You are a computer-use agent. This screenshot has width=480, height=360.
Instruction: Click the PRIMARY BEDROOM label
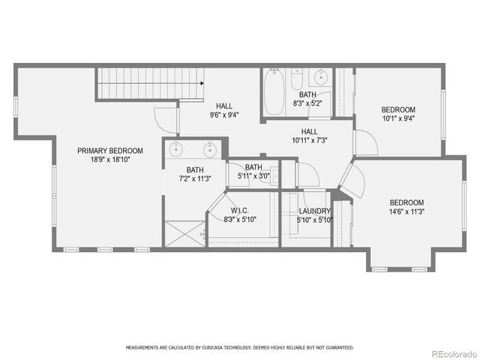[x=110, y=151]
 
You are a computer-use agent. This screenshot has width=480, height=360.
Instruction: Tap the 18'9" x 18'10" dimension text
[x=110, y=160]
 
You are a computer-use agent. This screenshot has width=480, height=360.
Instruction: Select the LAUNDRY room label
[x=314, y=211]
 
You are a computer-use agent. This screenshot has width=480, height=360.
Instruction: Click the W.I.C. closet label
[x=239, y=211]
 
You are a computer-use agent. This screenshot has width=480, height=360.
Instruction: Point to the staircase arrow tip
[x=204, y=84]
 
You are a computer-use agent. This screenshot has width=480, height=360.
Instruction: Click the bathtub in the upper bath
[x=273, y=92]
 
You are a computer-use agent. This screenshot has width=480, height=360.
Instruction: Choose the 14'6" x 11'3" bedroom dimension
[x=406, y=211]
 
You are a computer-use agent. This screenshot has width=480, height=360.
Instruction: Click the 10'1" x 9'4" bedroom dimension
[x=398, y=118]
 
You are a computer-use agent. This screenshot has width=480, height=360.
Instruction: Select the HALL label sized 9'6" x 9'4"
[x=224, y=106]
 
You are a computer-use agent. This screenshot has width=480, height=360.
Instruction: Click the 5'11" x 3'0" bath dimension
[x=253, y=176]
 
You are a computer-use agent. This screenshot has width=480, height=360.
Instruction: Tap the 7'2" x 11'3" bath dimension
[x=195, y=178]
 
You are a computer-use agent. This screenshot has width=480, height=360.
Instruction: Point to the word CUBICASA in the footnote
[x=217, y=348]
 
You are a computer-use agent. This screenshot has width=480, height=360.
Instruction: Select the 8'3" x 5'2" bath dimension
[x=307, y=103]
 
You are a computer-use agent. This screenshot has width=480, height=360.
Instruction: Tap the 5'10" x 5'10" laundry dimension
[x=314, y=220]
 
